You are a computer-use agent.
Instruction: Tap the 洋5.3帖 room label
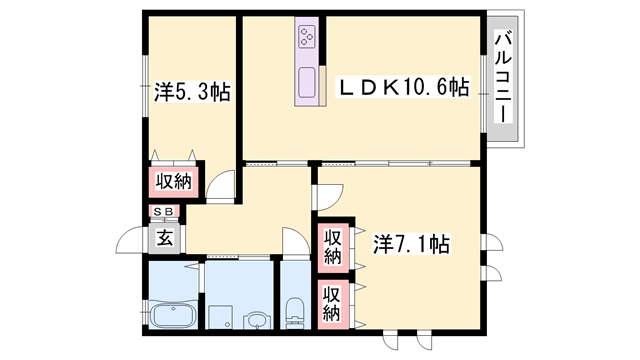[x=193, y=92]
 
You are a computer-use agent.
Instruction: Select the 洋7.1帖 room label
[x=411, y=243]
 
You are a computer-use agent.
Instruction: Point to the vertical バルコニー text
[x=502, y=77]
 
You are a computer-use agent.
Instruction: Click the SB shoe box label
[x=163, y=213]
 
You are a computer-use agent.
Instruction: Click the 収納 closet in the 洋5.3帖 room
[x=172, y=181]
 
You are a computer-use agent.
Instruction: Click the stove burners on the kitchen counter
[x=307, y=39]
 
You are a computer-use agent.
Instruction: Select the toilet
[x=296, y=311]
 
